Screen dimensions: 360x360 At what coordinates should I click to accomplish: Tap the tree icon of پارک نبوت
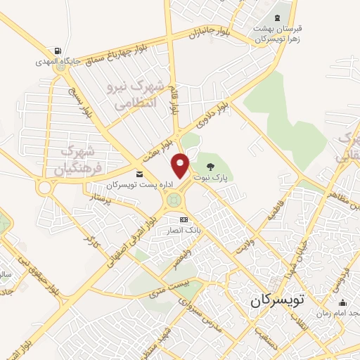click(x=210, y=167)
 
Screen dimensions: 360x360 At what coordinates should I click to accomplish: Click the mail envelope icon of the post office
click(x=139, y=173)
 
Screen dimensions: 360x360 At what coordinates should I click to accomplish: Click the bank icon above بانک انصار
click(x=184, y=220)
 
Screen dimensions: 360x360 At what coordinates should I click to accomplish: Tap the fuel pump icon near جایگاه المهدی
click(x=56, y=51)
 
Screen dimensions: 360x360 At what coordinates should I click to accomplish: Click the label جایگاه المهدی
click(x=53, y=62)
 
